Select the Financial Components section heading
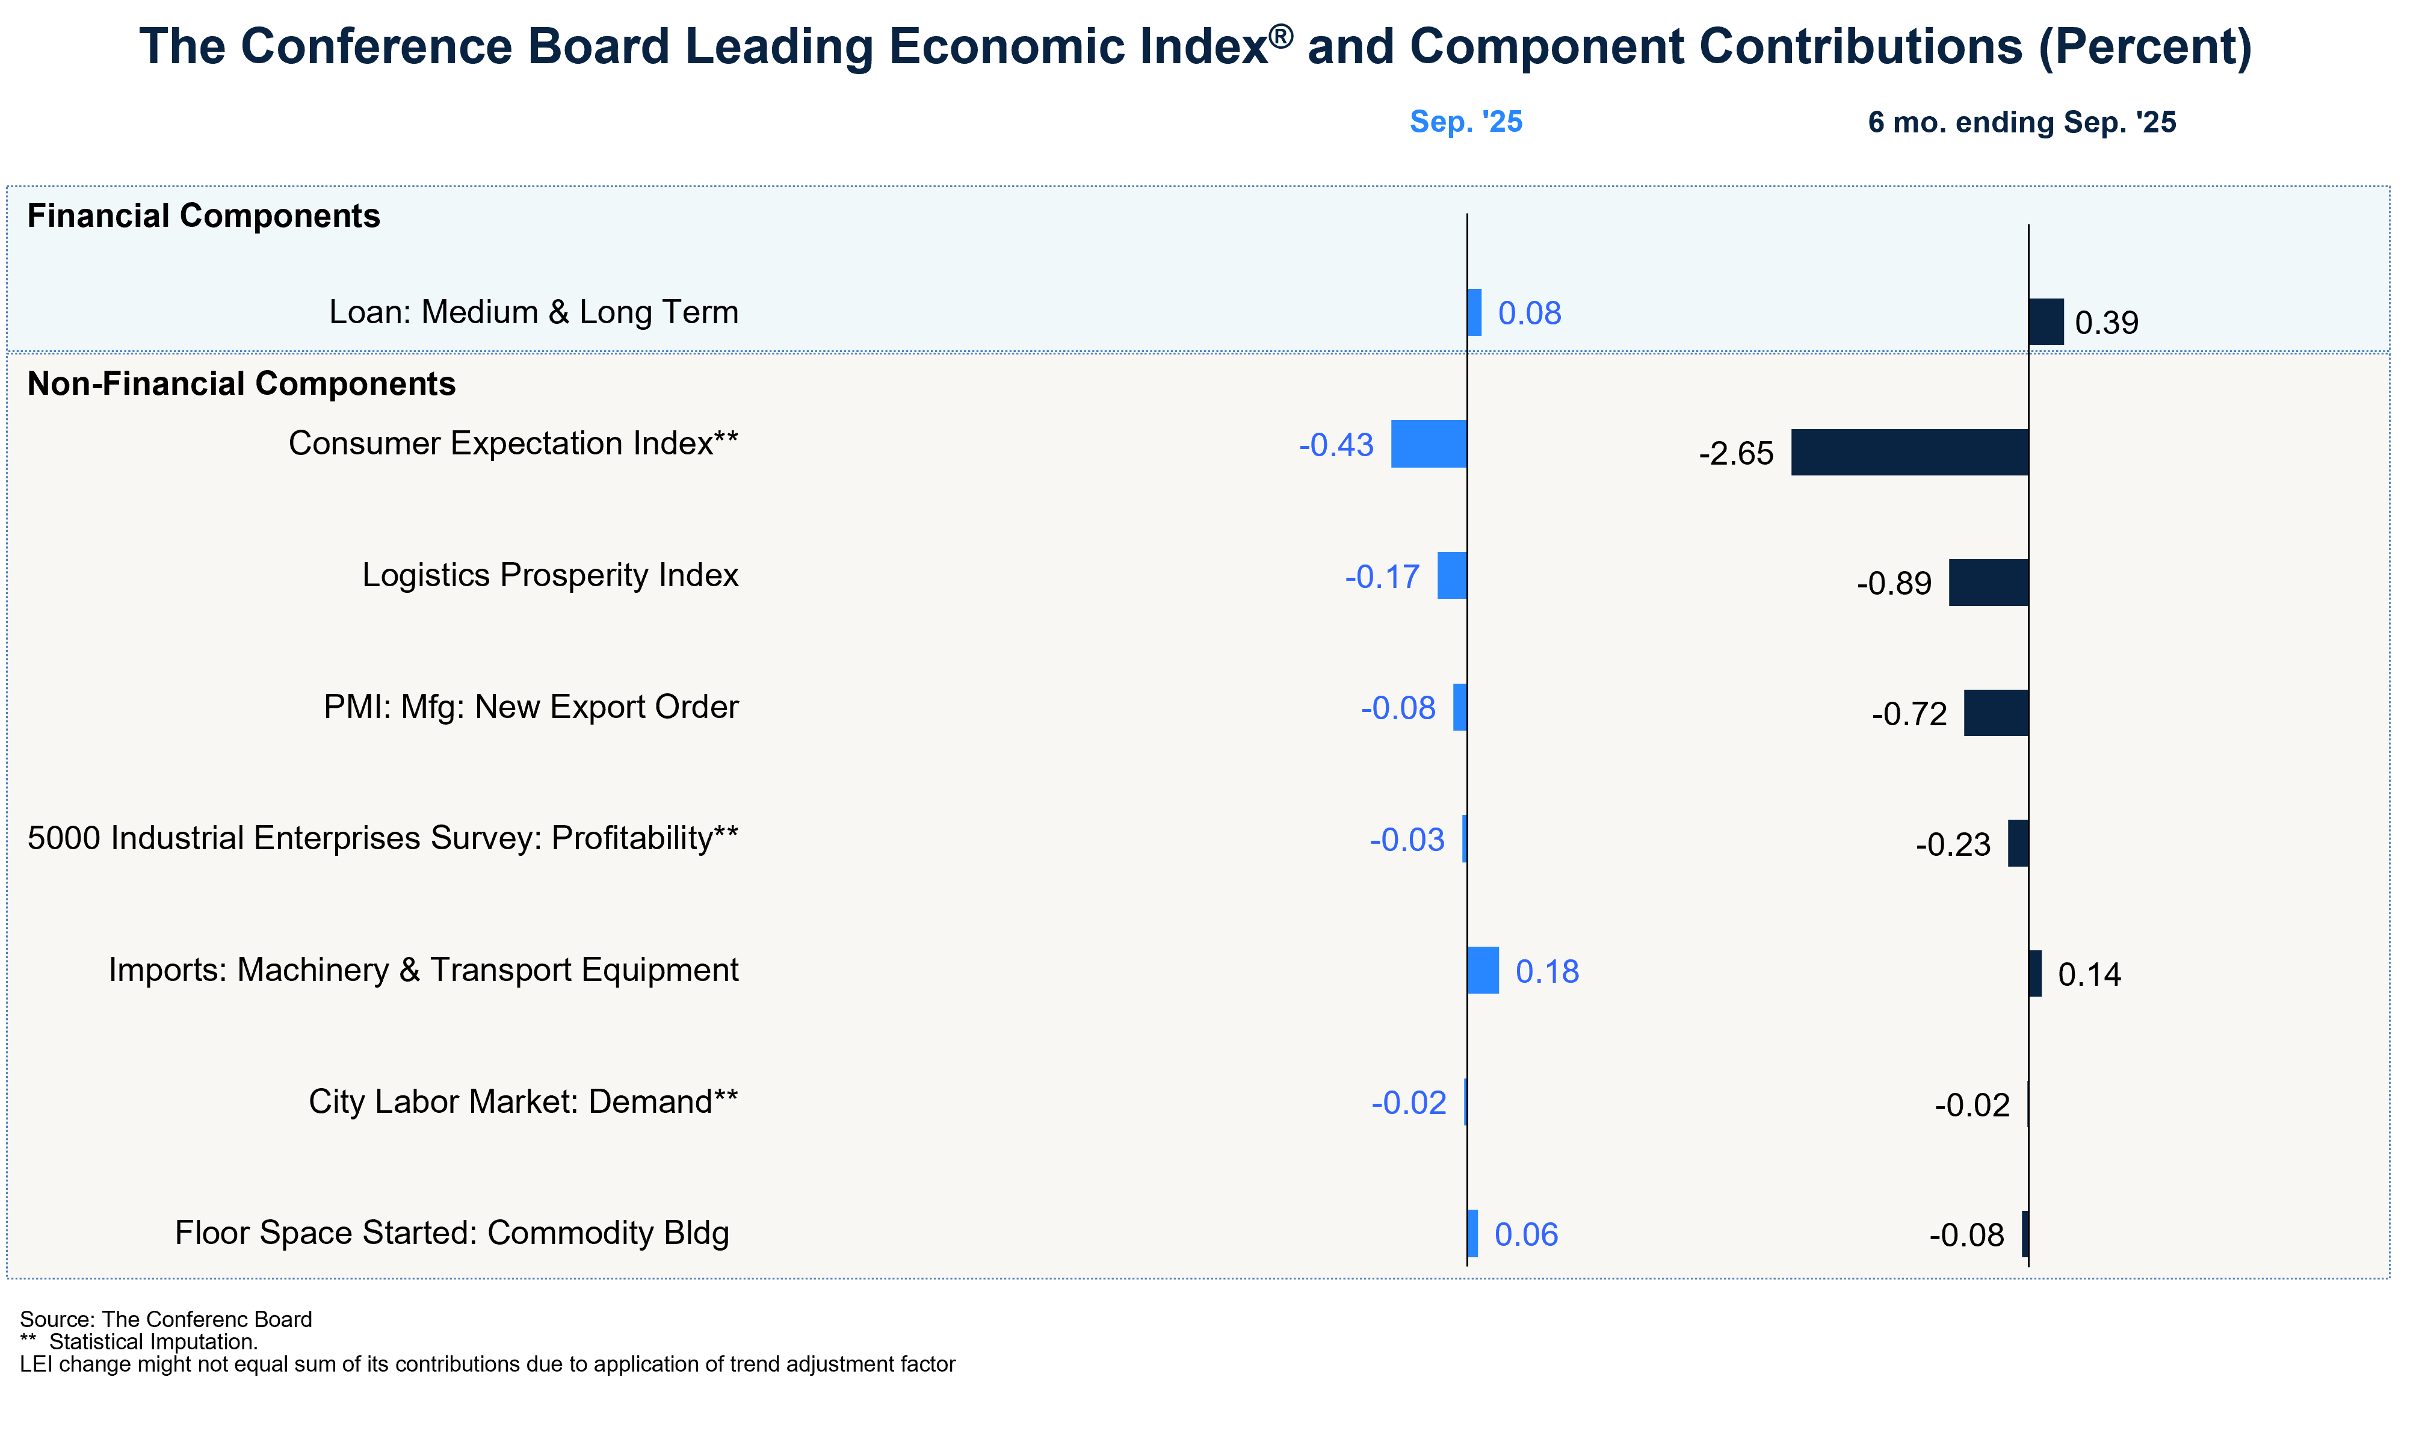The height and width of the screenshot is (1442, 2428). pyautogui.click(x=203, y=215)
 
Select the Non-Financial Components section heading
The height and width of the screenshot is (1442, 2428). pyautogui.click(x=241, y=384)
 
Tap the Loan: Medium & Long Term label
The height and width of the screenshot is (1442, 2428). pyautogui.click(x=533, y=312)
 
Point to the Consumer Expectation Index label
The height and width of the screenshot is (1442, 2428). pyautogui.click(x=513, y=443)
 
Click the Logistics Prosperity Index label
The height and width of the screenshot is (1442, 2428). pyautogui.click(x=550, y=575)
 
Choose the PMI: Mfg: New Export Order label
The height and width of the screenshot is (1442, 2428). pyautogui.click(x=531, y=707)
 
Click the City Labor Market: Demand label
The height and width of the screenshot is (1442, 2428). pyautogui.click(x=523, y=1102)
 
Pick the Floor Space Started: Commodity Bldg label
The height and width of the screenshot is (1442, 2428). pyautogui.click(x=452, y=1233)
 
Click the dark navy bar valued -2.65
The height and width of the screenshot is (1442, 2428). pyautogui.click(x=1909, y=452)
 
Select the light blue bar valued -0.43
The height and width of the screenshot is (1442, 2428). pyautogui.click(x=1429, y=444)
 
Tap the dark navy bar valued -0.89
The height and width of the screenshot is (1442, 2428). pyautogui.click(x=1988, y=583)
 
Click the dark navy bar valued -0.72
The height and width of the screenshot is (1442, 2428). pyautogui.click(x=1995, y=713)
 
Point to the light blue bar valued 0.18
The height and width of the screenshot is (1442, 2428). pyautogui.click(x=1483, y=970)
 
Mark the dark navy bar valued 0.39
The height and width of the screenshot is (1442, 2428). pyautogui.click(x=2045, y=321)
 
